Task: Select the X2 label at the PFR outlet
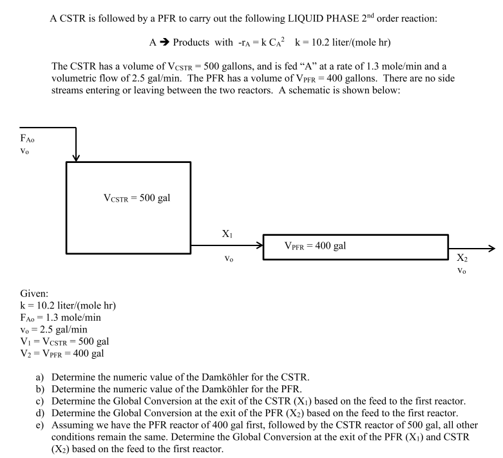pos(461,258)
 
